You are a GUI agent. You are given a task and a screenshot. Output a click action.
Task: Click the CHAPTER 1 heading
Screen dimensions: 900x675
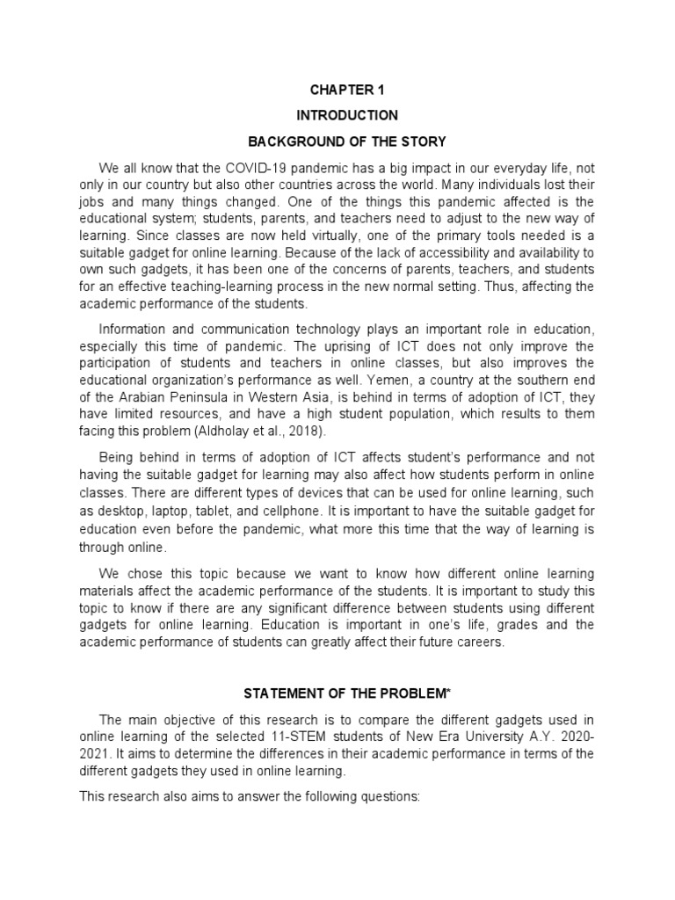pos(346,90)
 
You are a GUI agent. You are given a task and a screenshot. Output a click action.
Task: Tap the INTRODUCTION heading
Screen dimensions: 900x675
pos(346,115)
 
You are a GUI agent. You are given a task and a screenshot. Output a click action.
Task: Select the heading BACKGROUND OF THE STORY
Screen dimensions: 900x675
pos(346,142)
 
